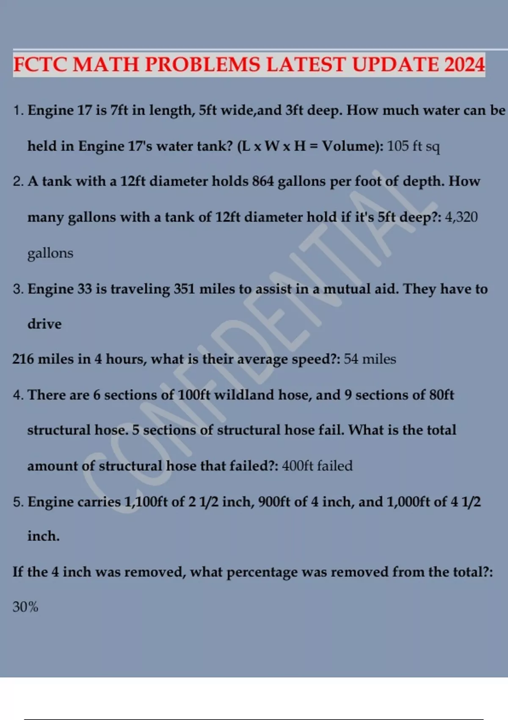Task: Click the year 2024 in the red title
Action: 464,65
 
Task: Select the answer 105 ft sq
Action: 414,146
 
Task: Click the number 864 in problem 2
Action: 263,181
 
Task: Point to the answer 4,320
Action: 461,217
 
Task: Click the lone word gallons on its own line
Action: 50,253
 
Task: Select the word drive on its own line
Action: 44,324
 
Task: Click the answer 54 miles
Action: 370,359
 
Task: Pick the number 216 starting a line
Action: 23,359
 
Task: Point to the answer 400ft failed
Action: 317,466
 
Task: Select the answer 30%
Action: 25,607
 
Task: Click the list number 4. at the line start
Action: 18,395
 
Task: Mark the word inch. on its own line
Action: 44,536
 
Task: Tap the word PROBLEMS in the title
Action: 203,65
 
